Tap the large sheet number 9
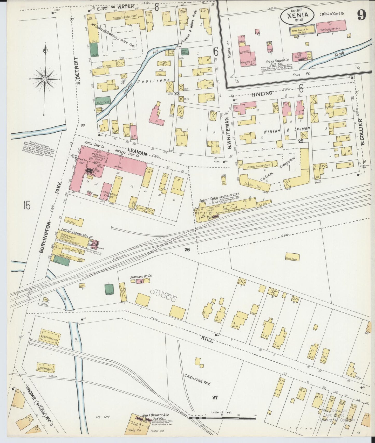362,15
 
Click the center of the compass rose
45,78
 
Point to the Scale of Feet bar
222,418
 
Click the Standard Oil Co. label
141,277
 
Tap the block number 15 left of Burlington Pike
26,206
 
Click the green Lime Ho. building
109,290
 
